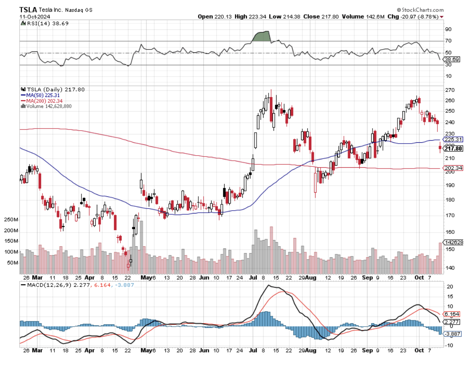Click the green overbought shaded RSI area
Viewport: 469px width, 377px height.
point(262,37)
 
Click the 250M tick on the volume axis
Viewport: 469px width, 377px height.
point(9,220)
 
